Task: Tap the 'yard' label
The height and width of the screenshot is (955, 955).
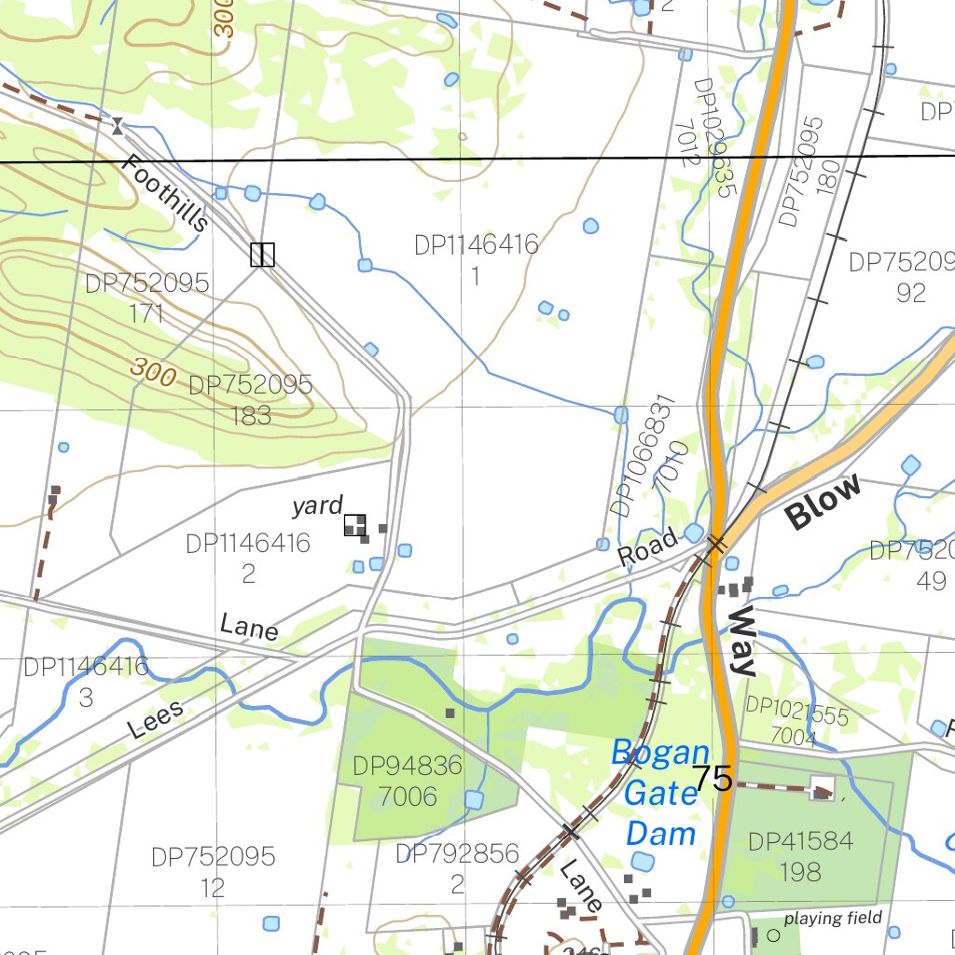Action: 317,505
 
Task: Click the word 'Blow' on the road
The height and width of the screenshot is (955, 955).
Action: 823,504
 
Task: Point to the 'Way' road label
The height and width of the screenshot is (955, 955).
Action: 742,641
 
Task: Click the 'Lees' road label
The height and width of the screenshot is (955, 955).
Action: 156,720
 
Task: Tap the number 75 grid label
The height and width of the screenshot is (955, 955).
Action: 713,779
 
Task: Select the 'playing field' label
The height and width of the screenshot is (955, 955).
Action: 833,919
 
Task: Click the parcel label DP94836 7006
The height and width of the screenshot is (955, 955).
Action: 408,782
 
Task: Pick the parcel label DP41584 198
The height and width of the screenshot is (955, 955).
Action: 800,856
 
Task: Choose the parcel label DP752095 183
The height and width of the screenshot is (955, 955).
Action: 250,400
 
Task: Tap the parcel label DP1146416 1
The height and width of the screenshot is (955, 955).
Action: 476,260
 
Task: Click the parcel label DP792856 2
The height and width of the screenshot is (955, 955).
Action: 457,869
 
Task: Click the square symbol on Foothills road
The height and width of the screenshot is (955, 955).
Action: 262,255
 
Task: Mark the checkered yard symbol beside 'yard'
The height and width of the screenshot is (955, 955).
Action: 354,525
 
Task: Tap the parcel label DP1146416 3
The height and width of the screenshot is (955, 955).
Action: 86,682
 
